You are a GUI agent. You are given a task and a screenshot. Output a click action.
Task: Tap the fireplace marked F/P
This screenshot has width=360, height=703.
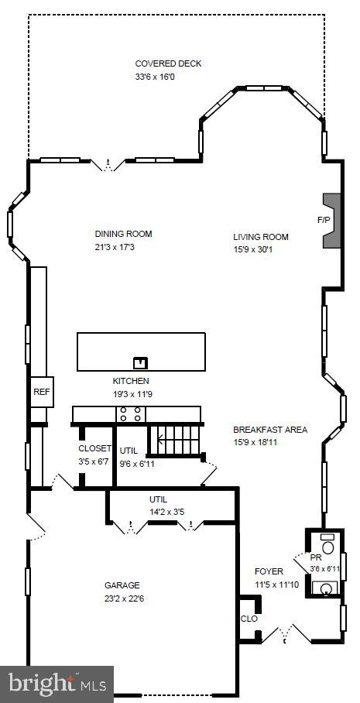click(x=331, y=221)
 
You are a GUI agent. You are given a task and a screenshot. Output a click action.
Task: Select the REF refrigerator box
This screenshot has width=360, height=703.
click(x=41, y=392)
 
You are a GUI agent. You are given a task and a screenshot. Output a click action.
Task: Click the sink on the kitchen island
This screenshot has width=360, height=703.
click(x=140, y=362)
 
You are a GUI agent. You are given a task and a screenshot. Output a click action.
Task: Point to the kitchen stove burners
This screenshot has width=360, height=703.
click(x=130, y=415)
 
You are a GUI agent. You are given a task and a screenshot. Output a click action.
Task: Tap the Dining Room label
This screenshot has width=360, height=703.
click(x=123, y=234)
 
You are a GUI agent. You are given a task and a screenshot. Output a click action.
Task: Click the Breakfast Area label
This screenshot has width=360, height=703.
click(x=270, y=430)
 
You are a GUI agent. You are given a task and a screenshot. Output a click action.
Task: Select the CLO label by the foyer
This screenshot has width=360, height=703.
click(x=249, y=619)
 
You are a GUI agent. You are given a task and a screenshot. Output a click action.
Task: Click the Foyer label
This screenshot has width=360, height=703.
click(x=269, y=572)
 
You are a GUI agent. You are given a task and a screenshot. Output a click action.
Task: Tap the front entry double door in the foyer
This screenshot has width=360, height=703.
click(x=287, y=635)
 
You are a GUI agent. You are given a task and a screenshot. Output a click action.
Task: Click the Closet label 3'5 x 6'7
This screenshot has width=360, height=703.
click(x=95, y=448)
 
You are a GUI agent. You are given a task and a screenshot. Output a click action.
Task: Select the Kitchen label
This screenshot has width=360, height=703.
click(x=131, y=381)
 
